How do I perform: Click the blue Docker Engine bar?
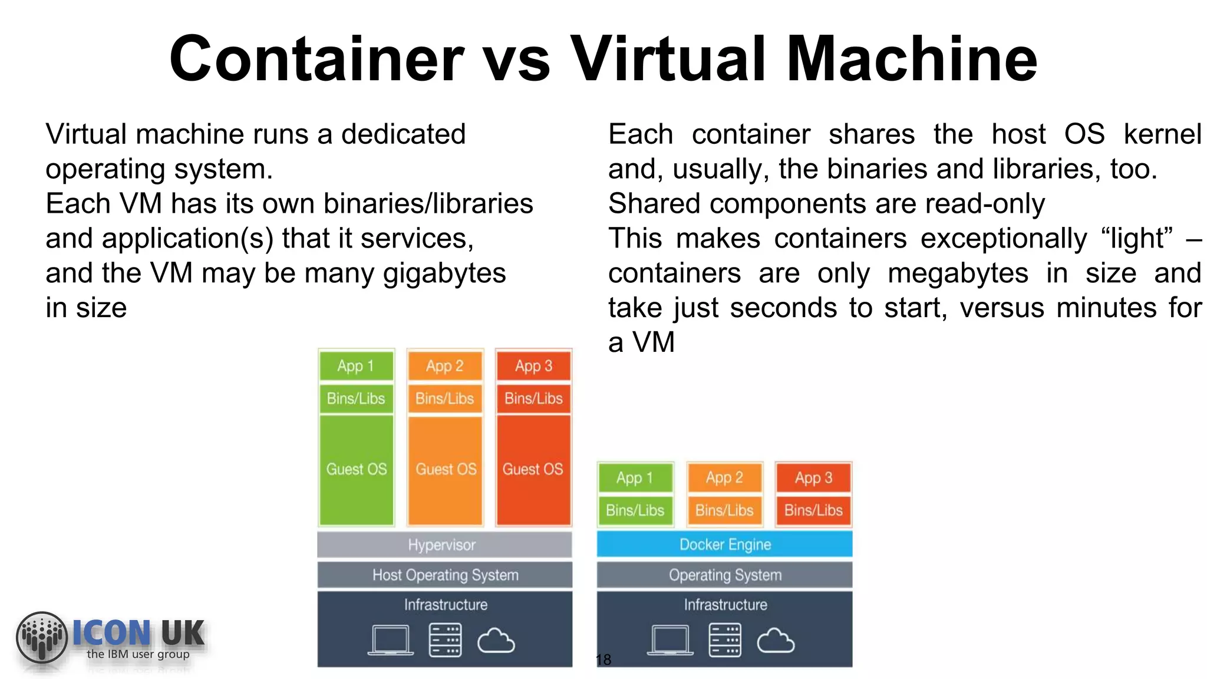724,544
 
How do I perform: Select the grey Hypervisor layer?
444,545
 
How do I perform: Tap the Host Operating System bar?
444,575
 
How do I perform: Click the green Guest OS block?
356,470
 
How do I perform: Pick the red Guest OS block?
533,470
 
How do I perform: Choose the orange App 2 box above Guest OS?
445,366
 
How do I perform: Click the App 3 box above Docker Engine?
813,477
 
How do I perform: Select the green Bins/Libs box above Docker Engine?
635,510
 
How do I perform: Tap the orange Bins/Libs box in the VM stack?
445,399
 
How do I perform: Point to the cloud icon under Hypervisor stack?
496,641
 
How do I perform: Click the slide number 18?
603,660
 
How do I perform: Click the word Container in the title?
316,59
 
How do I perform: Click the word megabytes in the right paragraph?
958,273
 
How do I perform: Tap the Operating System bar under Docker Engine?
724,575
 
